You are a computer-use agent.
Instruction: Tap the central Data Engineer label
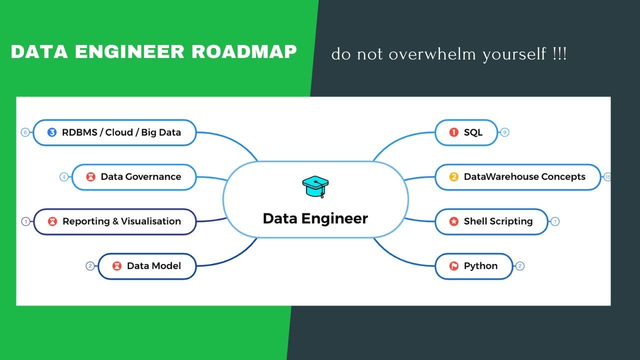[315, 218]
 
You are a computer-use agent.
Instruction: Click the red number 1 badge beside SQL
[454, 132]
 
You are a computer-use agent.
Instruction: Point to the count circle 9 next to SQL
[504, 132]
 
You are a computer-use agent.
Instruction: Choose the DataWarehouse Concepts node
[517, 177]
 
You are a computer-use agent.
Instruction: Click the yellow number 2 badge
[454, 177]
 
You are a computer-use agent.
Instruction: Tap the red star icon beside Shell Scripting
[454, 221]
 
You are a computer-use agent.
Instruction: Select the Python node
[474, 265]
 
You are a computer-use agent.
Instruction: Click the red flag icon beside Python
[454, 266]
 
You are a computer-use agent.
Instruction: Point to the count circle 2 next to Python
[520, 266]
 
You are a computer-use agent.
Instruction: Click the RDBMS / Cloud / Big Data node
[114, 132]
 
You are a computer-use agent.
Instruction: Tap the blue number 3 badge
[52, 132]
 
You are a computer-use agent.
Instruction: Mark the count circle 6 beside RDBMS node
[25, 132]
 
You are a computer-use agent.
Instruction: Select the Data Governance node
[134, 177]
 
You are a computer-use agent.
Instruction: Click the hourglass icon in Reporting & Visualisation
[52, 221]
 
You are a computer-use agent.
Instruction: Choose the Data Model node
[147, 265]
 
